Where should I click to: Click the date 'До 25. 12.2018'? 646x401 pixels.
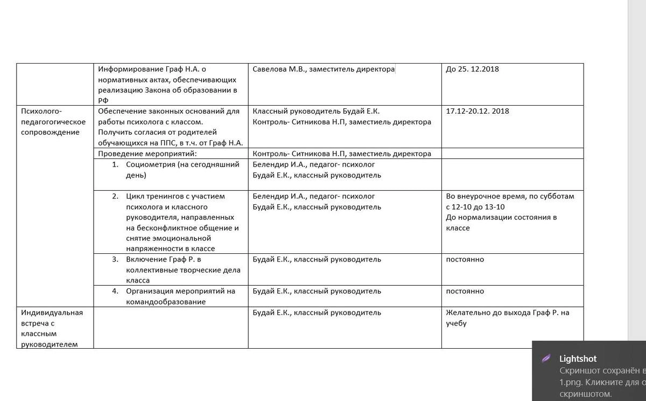point(472,69)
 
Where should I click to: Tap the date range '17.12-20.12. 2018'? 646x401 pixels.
point(478,111)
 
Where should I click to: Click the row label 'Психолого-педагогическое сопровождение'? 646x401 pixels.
point(53,122)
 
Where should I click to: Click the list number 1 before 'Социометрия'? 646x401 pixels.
point(115,164)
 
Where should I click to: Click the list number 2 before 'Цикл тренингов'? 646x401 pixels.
point(115,196)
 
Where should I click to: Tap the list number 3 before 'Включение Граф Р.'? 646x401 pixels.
point(115,259)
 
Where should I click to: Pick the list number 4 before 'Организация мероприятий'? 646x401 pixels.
point(115,291)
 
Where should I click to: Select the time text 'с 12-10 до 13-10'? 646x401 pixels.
point(476,207)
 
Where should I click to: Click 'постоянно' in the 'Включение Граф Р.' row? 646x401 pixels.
point(465,259)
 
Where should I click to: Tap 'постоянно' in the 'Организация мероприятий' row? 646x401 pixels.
point(465,291)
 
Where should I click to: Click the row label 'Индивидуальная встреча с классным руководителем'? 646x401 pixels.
point(52,328)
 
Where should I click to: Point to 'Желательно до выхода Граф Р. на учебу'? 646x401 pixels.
point(507,317)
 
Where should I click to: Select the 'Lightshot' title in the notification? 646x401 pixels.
point(578,358)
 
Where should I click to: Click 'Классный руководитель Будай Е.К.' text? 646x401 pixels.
point(316,111)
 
